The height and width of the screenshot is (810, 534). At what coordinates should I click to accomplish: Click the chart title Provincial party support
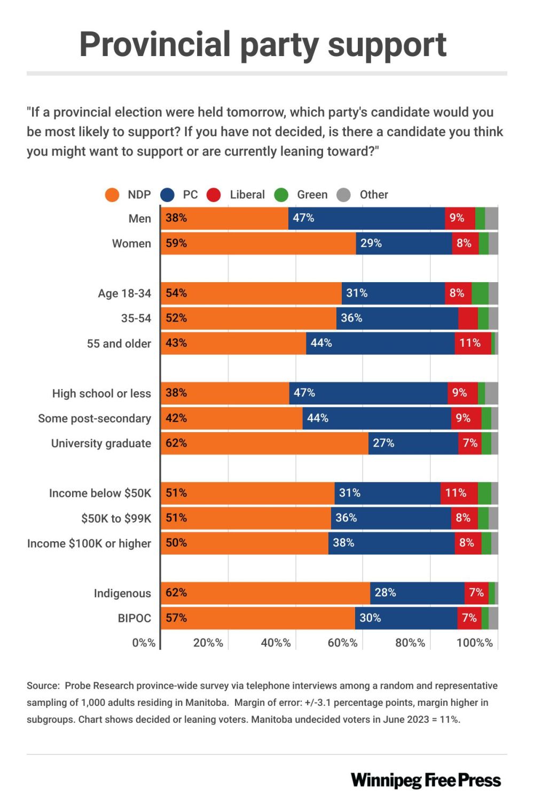click(x=263, y=44)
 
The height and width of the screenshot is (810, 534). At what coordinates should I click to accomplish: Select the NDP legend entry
click(x=128, y=194)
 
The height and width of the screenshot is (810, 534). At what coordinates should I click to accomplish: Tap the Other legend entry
click(x=363, y=194)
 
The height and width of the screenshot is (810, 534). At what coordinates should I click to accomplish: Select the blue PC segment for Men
click(x=366, y=218)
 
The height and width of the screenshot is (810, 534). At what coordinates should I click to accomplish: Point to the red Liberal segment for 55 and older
click(x=473, y=343)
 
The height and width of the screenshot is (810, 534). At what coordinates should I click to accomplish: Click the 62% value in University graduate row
click(x=176, y=443)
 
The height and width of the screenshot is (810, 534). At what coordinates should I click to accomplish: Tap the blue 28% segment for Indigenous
click(x=417, y=593)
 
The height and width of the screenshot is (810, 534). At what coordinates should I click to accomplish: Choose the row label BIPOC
click(x=135, y=618)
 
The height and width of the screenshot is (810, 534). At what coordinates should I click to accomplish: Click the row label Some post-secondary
click(x=95, y=418)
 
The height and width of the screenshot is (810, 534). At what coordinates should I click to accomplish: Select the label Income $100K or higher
click(x=89, y=543)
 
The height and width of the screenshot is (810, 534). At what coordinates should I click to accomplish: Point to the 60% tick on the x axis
click(x=342, y=643)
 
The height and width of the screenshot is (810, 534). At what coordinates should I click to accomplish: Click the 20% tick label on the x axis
click(x=208, y=643)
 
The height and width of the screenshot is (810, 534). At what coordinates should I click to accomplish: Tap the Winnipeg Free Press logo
click(x=426, y=781)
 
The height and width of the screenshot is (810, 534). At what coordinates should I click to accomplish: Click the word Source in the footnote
click(x=43, y=686)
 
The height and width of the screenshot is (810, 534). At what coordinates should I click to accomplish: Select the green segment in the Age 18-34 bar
click(x=480, y=293)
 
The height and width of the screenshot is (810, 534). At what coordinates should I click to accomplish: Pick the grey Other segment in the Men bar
click(x=491, y=218)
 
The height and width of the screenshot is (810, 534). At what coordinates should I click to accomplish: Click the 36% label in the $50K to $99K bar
click(x=346, y=518)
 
